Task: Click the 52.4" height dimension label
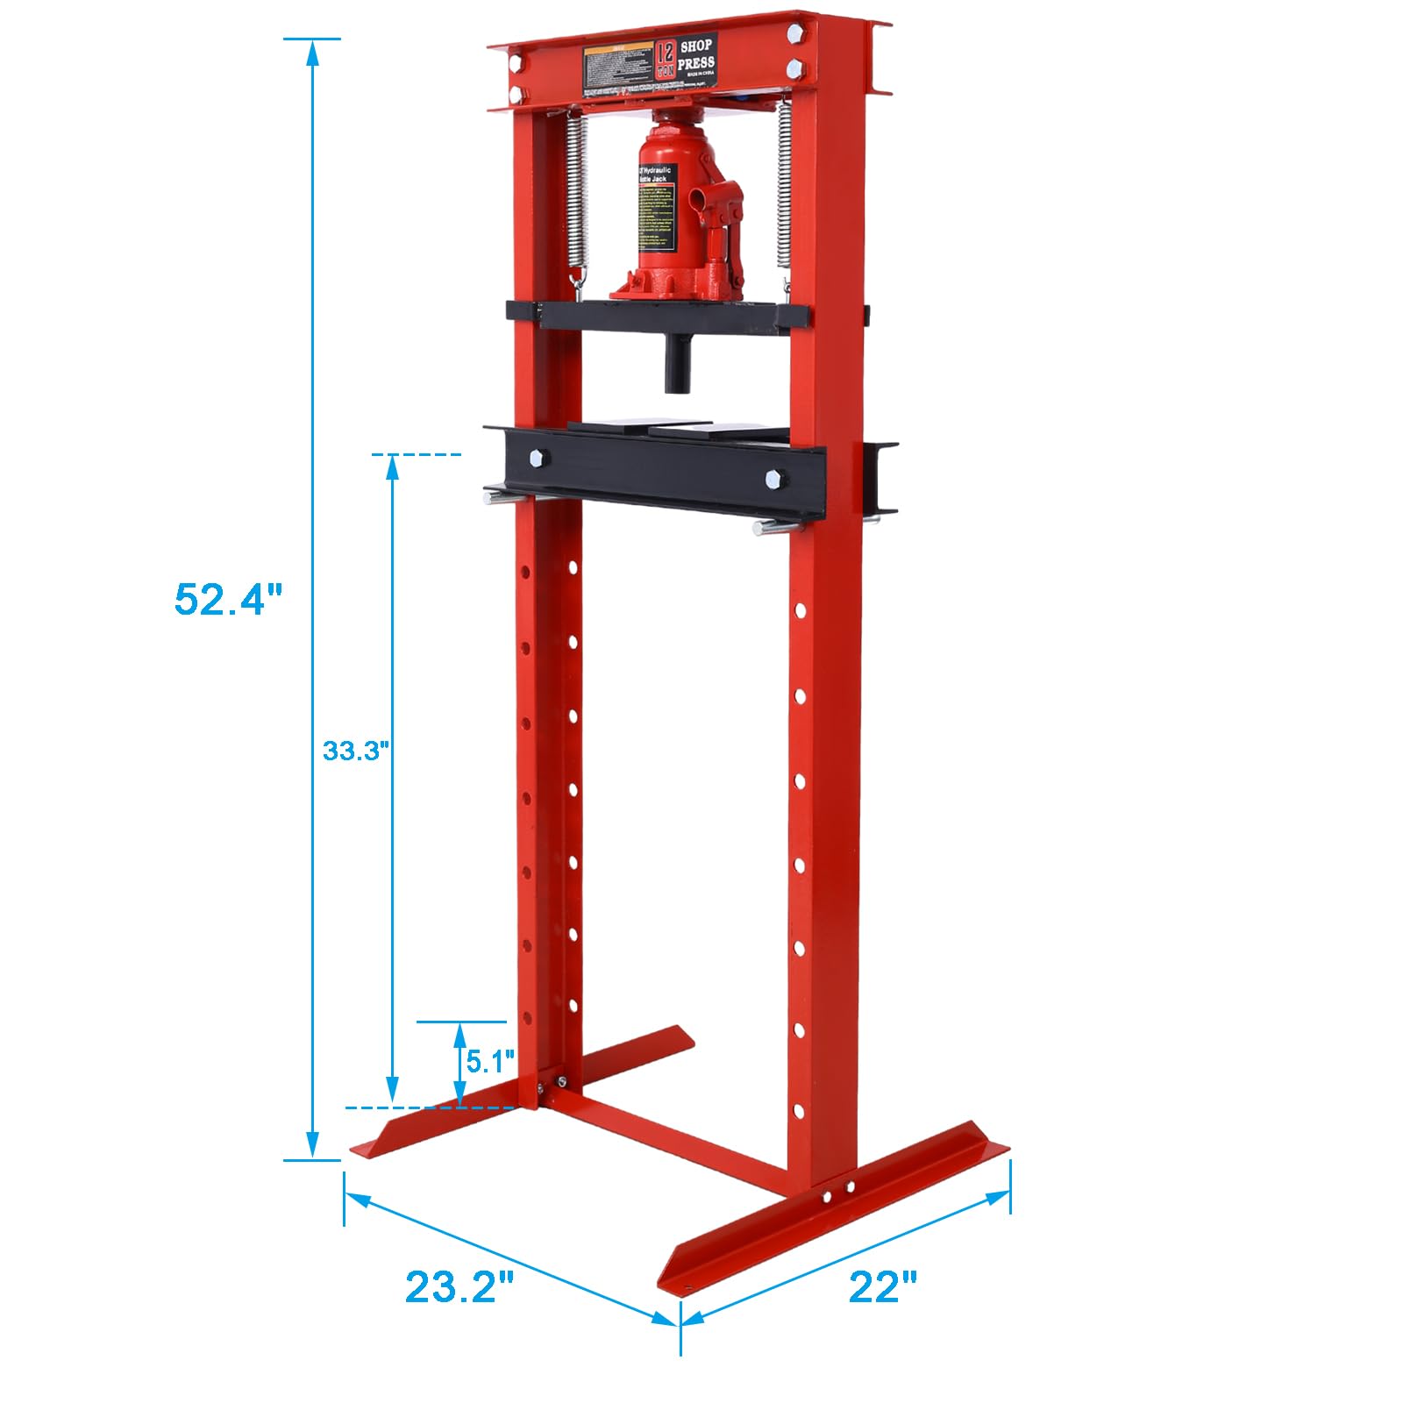(228, 600)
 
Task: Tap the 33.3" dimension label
(355, 751)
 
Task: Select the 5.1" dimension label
(489, 1062)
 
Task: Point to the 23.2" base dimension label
(459, 1286)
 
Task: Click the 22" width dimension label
(882, 1286)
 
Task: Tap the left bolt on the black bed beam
(536, 458)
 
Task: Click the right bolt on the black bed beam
(773, 479)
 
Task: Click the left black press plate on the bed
(609, 427)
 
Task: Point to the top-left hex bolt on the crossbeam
(516, 61)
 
